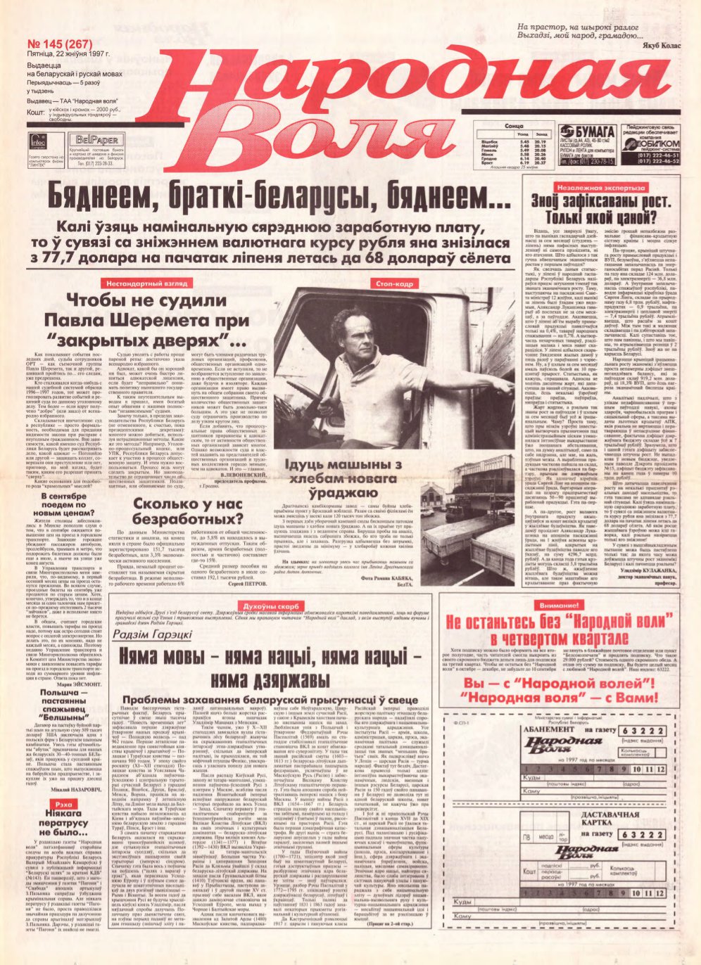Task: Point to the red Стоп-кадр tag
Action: pyautogui.click(x=394, y=283)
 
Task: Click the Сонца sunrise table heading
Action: pyautogui.click(x=513, y=126)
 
